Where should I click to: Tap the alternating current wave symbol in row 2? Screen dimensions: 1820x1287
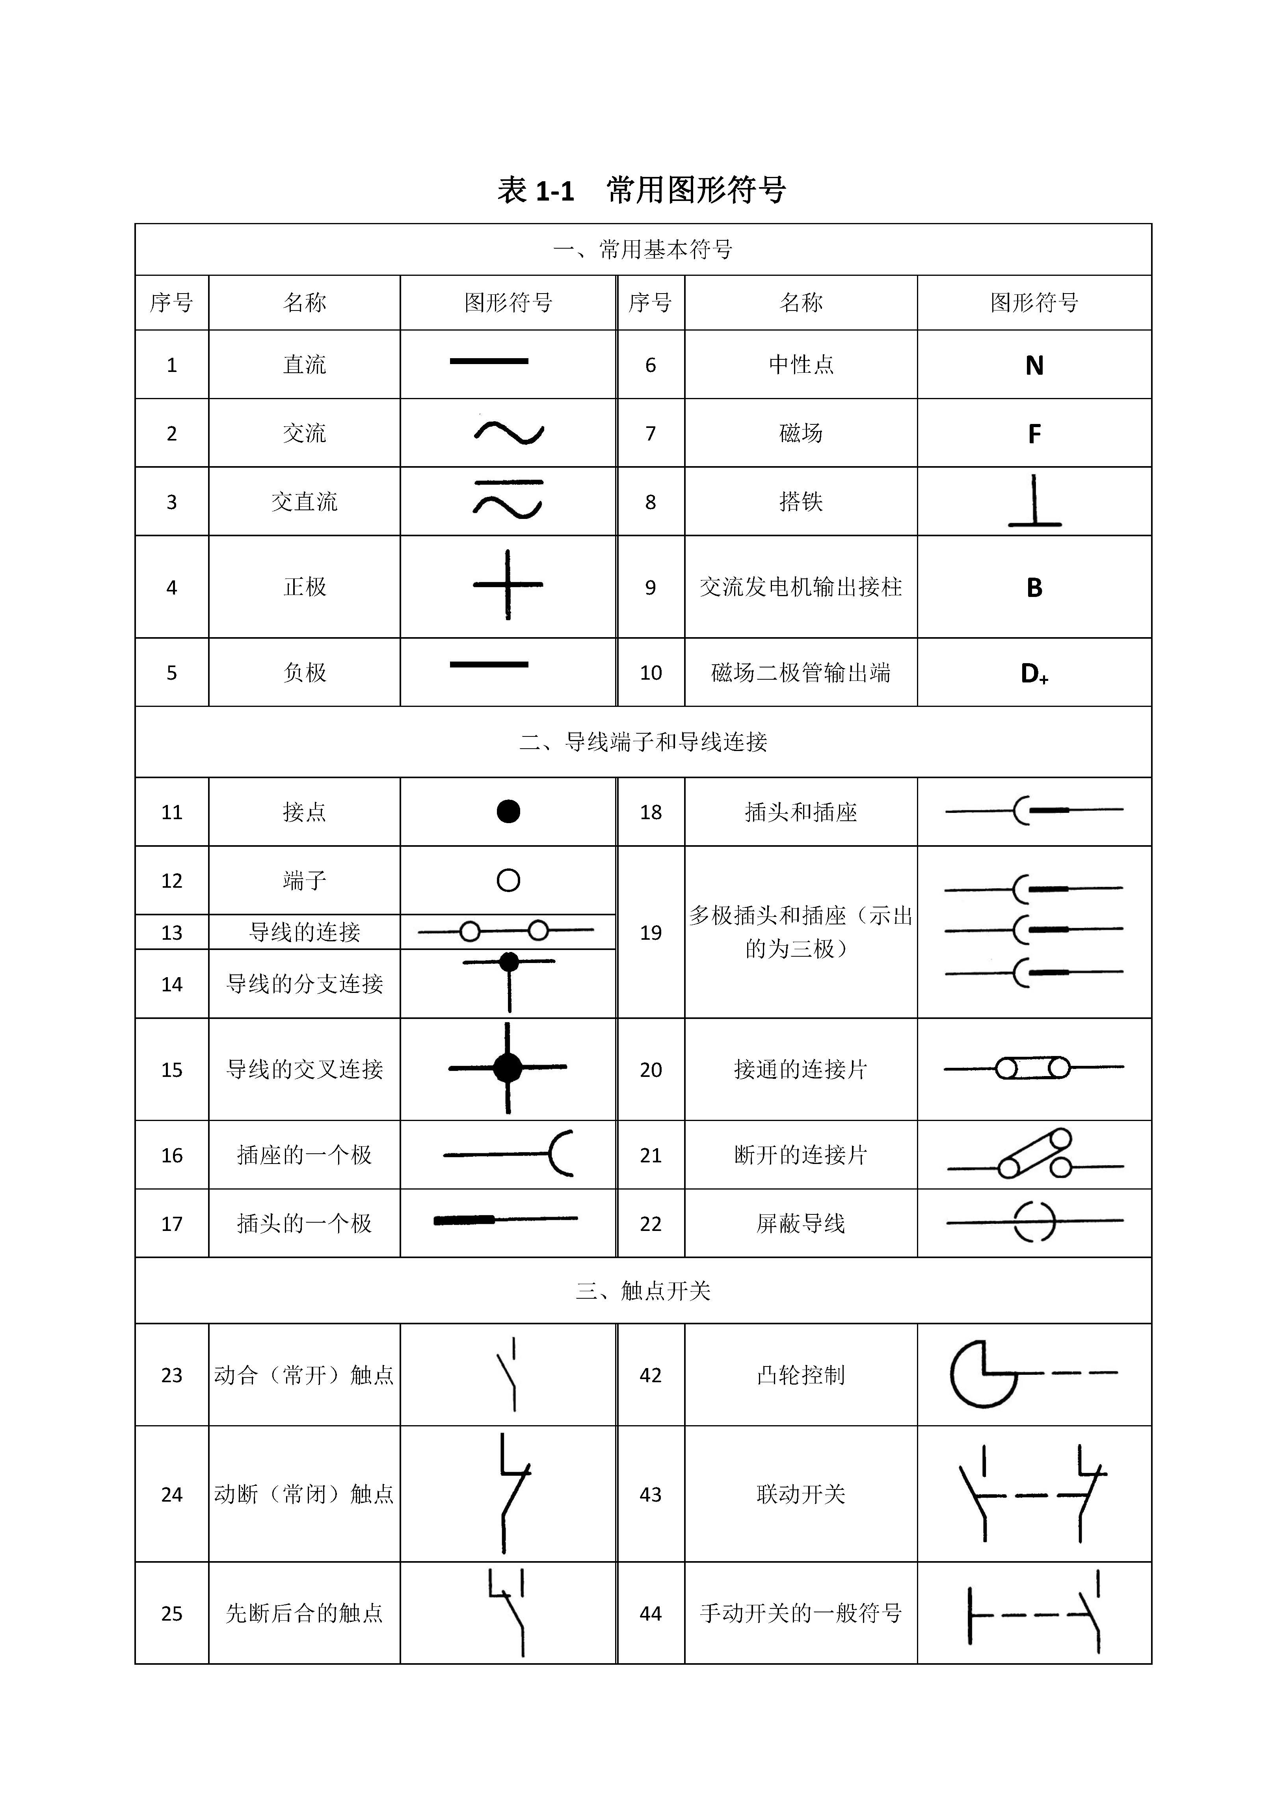click(x=508, y=433)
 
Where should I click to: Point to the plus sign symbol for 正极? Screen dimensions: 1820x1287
click(x=508, y=585)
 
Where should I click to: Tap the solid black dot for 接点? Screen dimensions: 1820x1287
click(x=508, y=811)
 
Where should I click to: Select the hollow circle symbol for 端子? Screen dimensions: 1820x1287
click(x=508, y=880)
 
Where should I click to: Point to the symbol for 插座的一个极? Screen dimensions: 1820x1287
click(x=508, y=1154)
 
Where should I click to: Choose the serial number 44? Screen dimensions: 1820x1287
click(x=650, y=1613)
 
